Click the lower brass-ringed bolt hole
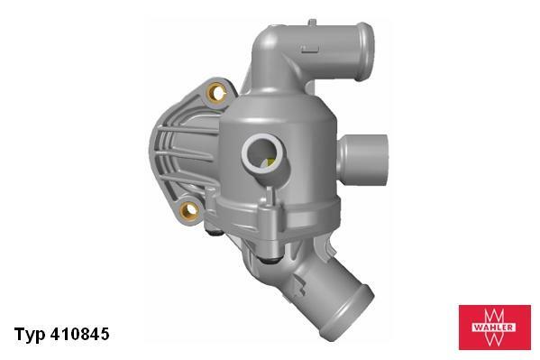(x=188, y=211)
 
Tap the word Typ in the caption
(x=29, y=335)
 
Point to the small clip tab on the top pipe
(x=310, y=43)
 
